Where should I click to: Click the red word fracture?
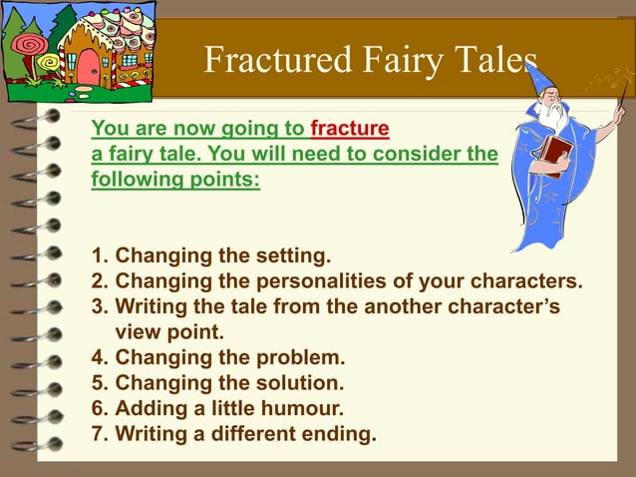click(350, 130)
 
